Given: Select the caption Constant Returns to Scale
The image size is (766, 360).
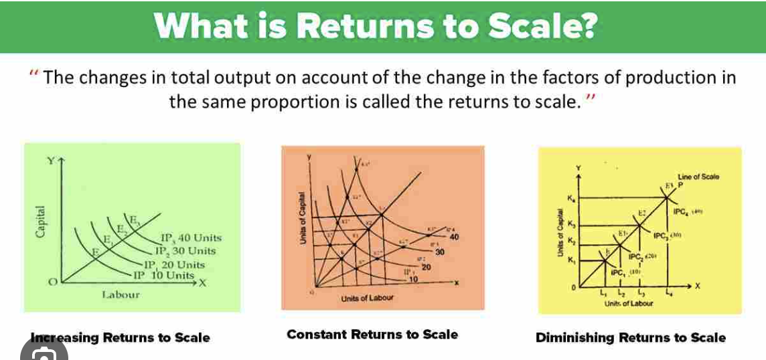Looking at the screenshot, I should click(x=372, y=335).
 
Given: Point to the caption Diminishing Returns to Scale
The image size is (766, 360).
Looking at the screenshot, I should click(x=631, y=338).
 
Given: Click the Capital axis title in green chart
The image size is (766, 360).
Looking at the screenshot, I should click(x=42, y=221).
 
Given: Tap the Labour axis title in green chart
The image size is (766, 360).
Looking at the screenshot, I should click(x=121, y=294).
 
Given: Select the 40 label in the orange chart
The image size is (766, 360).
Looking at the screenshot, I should click(x=455, y=237).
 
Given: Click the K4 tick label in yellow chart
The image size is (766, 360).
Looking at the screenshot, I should click(x=570, y=199).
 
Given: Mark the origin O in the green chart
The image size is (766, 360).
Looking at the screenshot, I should click(x=48, y=284).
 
